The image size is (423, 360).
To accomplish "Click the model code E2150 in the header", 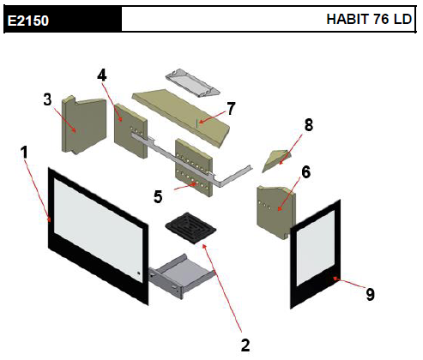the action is pos(28,21).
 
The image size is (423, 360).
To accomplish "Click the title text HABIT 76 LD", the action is pos(369,19).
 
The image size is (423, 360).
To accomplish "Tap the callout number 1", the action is pos(25,152).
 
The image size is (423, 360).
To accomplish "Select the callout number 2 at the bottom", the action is pos(245,345).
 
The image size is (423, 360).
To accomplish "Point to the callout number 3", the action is pos(47,99).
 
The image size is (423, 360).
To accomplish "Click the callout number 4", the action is pos(102,75).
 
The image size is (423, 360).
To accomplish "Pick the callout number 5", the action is pos(158,196).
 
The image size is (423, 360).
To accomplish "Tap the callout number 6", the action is pos(306,172).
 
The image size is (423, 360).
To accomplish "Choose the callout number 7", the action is pos(231,108).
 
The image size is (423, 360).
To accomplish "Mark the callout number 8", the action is pos(309,125).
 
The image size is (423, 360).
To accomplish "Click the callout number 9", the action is pos(371,294).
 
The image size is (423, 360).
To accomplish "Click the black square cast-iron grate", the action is pos(190,228).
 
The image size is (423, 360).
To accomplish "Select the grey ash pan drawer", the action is pos(182,276).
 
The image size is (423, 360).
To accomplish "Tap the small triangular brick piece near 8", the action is pos(277,160).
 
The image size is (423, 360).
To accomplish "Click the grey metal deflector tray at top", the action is pos(192,83).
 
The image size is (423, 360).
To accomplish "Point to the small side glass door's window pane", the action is pos(316,248).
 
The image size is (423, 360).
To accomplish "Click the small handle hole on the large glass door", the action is pos(139,273).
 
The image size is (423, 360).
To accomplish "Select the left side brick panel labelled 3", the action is pos(83,124).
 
